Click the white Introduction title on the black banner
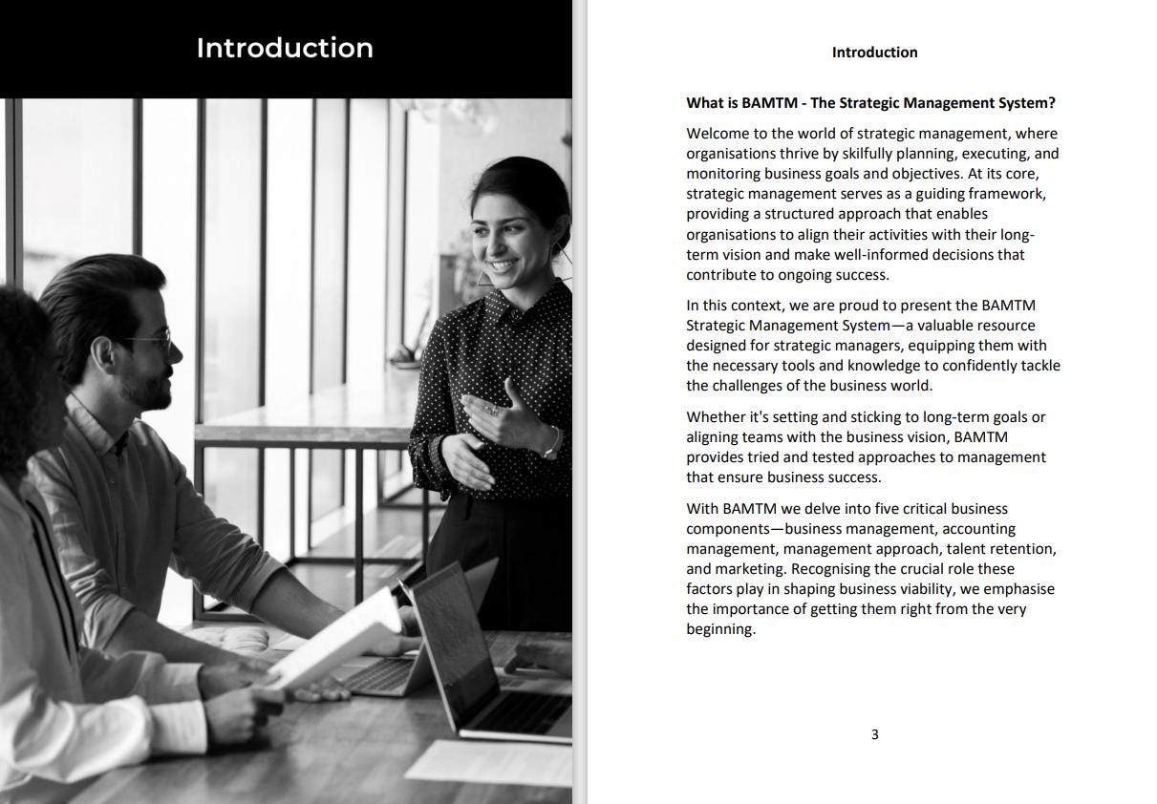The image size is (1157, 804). click(x=285, y=48)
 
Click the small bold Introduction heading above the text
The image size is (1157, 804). click(x=874, y=53)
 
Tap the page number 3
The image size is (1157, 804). click(x=874, y=734)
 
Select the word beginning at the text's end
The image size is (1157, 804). click(x=720, y=629)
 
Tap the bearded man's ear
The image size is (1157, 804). click(x=104, y=354)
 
